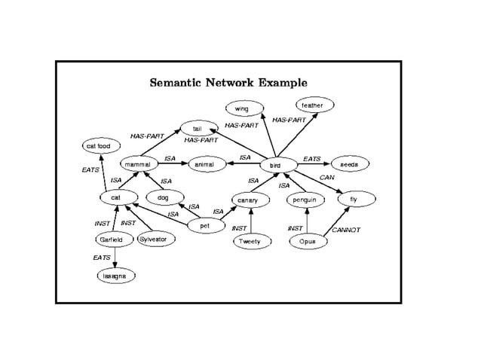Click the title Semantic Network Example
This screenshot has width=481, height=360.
point(228,82)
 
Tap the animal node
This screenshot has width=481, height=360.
point(204,163)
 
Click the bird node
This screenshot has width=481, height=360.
point(274,164)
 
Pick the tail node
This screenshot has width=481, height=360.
point(197,129)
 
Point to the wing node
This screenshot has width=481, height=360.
point(241,109)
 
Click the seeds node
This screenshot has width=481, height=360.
point(348,163)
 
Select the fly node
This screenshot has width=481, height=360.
point(353,200)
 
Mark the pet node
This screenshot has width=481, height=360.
point(204,225)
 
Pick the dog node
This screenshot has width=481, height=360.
point(162,198)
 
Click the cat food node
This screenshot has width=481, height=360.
point(99,145)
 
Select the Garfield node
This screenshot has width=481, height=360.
point(111,239)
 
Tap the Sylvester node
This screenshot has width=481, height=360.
point(157,239)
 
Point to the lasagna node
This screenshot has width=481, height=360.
point(115,276)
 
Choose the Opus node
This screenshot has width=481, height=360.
point(307,242)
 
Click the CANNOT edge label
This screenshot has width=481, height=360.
point(346,229)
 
